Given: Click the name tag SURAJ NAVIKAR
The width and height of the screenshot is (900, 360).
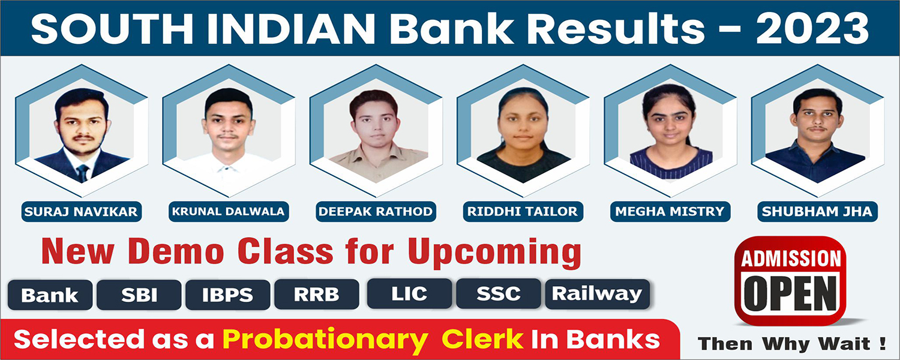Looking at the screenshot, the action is pyautogui.click(x=82, y=211).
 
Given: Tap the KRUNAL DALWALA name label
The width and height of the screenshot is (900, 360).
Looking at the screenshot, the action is pyautogui.click(x=229, y=211).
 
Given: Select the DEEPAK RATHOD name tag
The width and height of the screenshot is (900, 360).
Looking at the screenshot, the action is pyautogui.click(x=376, y=211).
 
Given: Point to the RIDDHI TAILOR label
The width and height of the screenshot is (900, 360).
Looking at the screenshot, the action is pyautogui.click(x=523, y=211).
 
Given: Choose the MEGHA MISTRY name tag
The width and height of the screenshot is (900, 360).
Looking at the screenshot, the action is pyautogui.click(x=670, y=211).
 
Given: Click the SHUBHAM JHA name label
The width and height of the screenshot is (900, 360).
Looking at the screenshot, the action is pyautogui.click(x=817, y=211).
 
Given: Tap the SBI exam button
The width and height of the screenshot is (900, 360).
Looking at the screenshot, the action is pyautogui.click(x=139, y=295).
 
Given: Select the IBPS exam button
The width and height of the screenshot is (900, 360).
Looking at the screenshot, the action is pyautogui.click(x=228, y=295).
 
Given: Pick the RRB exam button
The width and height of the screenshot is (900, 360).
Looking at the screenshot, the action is pyautogui.click(x=317, y=294).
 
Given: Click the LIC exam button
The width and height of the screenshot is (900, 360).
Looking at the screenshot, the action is pyautogui.click(x=409, y=294).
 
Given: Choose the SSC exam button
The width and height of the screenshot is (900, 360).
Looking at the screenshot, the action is pyautogui.click(x=499, y=294).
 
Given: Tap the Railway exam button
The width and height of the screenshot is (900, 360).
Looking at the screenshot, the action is pyautogui.click(x=598, y=294).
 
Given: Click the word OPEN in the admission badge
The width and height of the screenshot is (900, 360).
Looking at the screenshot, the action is pyautogui.click(x=791, y=294).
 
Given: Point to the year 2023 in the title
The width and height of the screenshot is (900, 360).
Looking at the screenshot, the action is pyautogui.click(x=812, y=29).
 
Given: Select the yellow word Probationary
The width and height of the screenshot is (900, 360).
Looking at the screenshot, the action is pyautogui.click(x=325, y=340).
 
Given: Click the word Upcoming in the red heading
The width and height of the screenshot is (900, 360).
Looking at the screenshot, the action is pyautogui.click(x=494, y=253).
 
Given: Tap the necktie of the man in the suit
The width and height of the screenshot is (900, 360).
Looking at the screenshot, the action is pyautogui.click(x=83, y=173).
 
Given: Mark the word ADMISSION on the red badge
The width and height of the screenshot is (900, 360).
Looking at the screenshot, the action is pyautogui.click(x=791, y=259).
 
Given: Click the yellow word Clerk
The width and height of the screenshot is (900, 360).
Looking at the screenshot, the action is pyautogui.click(x=482, y=339).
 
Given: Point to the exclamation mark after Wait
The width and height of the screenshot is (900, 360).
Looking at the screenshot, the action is pyautogui.click(x=883, y=343).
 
